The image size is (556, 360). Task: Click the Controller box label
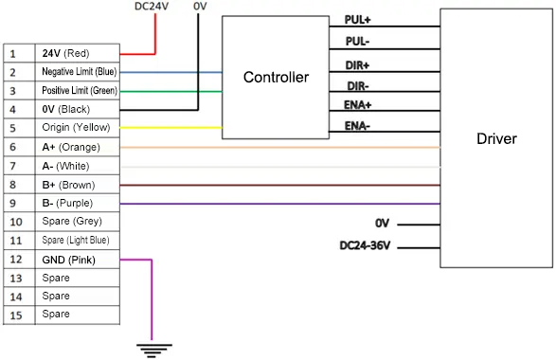tap(276, 77)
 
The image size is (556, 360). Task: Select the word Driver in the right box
tap(496, 139)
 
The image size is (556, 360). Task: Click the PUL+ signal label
tap(358, 19)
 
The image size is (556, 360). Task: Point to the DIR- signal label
tap(357, 85)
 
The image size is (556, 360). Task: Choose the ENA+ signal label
tap(358, 105)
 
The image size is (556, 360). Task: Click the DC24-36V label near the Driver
tap(366, 246)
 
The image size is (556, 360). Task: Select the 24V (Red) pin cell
tap(78, 53)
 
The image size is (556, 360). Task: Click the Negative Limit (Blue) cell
tap(78, 72)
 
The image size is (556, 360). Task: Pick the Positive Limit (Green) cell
tap(78, 90)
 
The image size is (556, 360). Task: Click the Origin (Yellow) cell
tap(78, 128)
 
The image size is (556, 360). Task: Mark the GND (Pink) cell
tap(78, 259)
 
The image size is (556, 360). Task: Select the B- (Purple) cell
tap(78, 203)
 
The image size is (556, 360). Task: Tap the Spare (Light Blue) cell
tap(78, 240)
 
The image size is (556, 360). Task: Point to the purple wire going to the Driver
tap(284, 204)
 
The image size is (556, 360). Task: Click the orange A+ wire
tap(284, 148)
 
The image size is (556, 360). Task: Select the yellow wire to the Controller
tap(170, 128)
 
